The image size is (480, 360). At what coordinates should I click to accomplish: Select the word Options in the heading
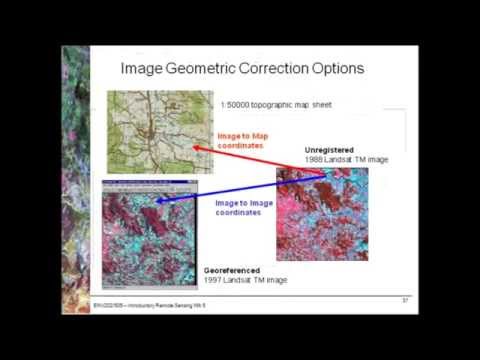tap(336, 69)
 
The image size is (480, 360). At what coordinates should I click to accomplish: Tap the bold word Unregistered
tap(329, 151)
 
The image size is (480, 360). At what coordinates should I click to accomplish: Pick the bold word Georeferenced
tap(232, 270)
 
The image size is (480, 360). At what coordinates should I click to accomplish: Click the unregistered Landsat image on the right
tap(322, 214)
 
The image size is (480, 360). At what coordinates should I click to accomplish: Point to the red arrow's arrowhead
tap(195, 147)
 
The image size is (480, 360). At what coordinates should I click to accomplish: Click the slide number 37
tap(406, 300)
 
